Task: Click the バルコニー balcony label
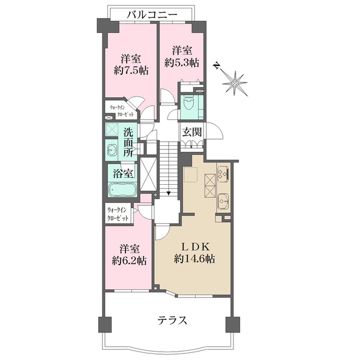[x=152, y=15]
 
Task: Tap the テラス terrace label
[x=172, y=320]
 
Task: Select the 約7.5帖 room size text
[x=131, y=70]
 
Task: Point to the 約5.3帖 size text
[x=182, y=62]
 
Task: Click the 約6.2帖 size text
[x=129, y=260]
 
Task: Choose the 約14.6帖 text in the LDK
[x=194, y=259]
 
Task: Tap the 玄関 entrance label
[x=192, y=132]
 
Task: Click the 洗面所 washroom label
[x=128, y=142]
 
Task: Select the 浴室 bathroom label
[x=123, y=173]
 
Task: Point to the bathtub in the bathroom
[x=122, y=190]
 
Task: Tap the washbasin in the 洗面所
[x=112, y=150]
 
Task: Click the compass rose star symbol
[x=235, y=83]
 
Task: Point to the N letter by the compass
[x=216, y=65]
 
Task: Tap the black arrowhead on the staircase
[x=169, y=193]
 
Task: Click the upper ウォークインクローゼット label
[x=121, y=110]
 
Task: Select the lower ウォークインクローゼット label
[x=118, y=214]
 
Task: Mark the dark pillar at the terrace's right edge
[x=233, y=325]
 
